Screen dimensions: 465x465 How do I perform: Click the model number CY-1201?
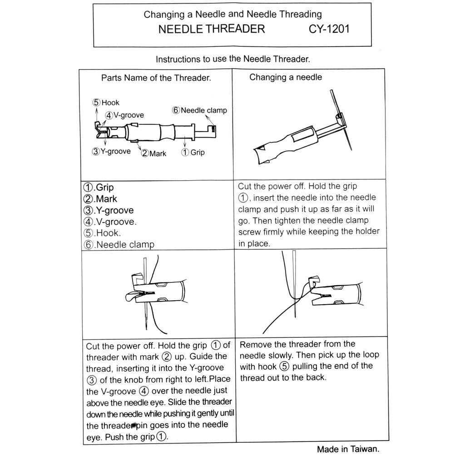[x=329, y=30]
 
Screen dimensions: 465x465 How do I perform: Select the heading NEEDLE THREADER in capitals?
[x=212, y=30]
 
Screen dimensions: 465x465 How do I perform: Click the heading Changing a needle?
[x=285, y=77]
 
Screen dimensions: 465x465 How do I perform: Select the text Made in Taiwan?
[x=347, y=449]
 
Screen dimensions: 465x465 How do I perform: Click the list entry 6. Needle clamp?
[x=119, y=244]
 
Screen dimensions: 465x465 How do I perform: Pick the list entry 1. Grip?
[x=99, y=187]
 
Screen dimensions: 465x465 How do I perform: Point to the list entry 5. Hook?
[x=102, y=233]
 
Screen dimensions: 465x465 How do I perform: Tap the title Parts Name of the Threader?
[x=156, y=78]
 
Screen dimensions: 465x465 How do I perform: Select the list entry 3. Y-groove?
[x=109, y=210]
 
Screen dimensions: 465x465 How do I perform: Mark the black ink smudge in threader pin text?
[x=133, y=425]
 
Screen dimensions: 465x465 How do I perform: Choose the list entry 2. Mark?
[x=100, y=199]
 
